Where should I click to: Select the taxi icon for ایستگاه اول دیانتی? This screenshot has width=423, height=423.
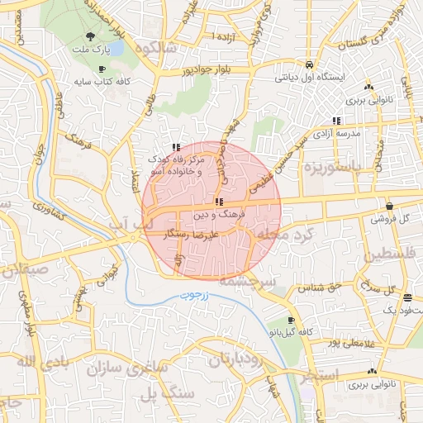coord(308,64)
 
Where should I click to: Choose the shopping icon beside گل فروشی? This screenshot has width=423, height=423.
coord(389,206)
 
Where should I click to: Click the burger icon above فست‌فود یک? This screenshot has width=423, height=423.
coord(406,297)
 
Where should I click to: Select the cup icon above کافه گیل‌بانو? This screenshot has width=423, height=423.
coord(290,320)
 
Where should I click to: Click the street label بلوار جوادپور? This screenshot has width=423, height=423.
coord(212,71)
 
